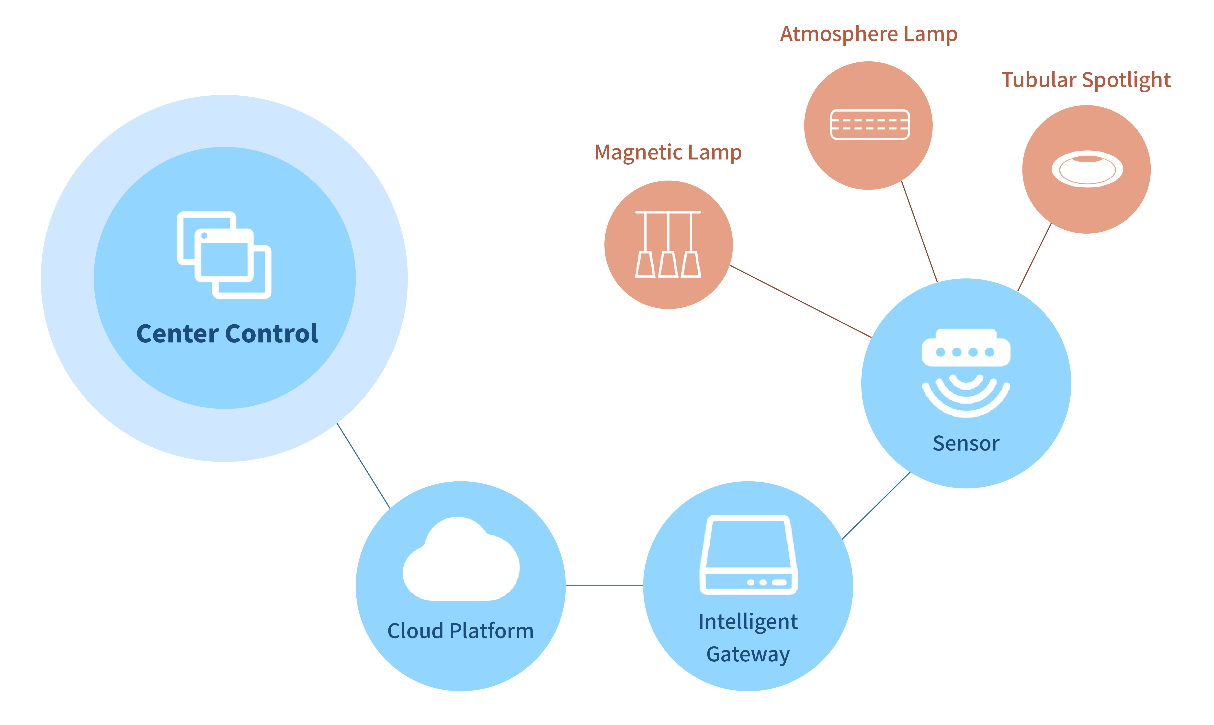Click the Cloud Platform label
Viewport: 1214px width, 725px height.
point(460,631)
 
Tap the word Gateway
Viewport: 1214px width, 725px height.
point(748,654)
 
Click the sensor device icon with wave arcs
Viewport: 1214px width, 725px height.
point(966,373)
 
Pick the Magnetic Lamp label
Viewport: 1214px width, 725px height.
point(668,152)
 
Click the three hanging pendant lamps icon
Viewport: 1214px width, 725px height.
point(668,244)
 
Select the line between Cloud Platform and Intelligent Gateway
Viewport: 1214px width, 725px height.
point(604,585)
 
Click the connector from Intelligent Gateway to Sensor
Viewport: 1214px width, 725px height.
point(876,506)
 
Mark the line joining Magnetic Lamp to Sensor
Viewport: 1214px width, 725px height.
point(800,301)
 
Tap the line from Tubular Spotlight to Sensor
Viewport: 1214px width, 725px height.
point(1034,257)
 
